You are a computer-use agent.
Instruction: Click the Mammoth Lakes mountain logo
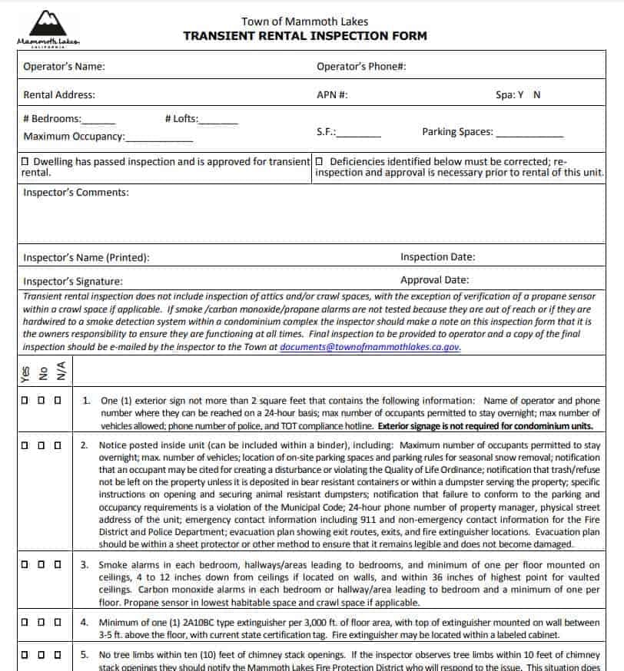point(48,27)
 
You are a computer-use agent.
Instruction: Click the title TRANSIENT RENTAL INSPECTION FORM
point(304,36)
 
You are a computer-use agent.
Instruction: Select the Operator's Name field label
point(65,67)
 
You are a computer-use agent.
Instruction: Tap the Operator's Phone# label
point(361,67)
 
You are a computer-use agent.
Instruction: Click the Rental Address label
point(59,95)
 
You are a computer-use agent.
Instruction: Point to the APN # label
point(332,95)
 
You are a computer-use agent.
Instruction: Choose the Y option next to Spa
point(520,95)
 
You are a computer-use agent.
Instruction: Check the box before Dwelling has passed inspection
point(26,162)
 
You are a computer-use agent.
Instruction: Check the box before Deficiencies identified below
point(320,162)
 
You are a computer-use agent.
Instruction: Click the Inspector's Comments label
point(76,193)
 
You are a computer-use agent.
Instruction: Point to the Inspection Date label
point(437,257)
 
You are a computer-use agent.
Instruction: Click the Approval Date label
point(434,280)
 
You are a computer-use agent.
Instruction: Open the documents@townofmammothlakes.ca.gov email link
point(370,347)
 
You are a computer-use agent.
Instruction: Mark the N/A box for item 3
point(58,565)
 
